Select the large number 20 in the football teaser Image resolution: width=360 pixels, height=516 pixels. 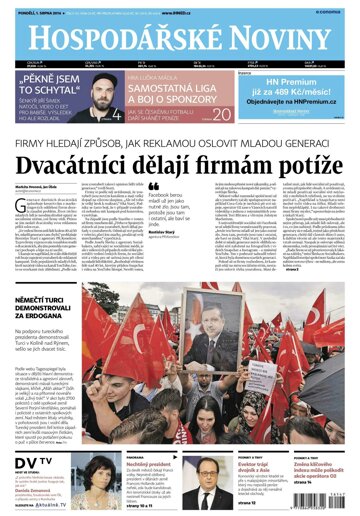[222, 112]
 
